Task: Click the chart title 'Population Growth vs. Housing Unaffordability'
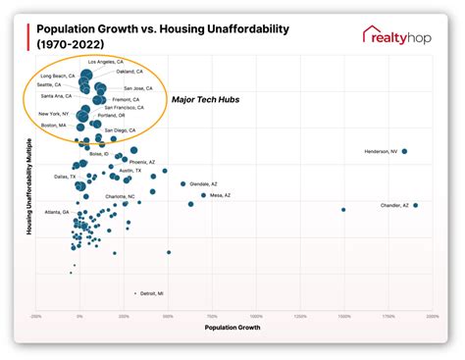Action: click(x=162, y=36)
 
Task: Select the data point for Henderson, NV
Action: click(x=404, y=151)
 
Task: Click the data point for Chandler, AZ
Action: click(x=415, y=205)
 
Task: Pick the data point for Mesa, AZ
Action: click(x=203, y=195)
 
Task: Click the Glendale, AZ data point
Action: click(x=182, y=183)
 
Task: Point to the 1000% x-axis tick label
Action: click(x=256, y=316)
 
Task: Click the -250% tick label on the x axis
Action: click(x=36, y=316)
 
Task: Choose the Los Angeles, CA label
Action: click(x=106, y=62)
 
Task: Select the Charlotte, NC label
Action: click(x=120, y=196)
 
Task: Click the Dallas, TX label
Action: click(x=51, y=177)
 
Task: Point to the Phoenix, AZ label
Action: click(x=142, y=161)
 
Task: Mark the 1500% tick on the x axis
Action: click(x=343, y=316)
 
